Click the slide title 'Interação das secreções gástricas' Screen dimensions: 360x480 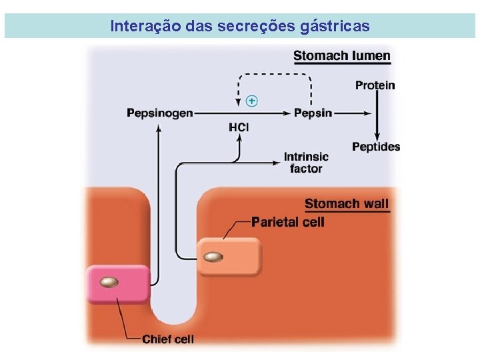(x=239, y=26)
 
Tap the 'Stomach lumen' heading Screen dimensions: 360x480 (x=341, y=55)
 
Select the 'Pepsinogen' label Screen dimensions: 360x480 (x=159, y=113)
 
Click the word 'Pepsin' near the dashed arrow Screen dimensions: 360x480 (x=313, y=113)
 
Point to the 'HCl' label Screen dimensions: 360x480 (x=239, y=127)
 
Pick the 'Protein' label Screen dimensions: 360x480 (x=375, y=85)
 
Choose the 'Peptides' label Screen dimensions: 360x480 (x=376, y=147)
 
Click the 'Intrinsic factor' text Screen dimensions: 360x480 (x=306, y=163)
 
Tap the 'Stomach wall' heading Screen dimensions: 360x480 (x=346, y=203)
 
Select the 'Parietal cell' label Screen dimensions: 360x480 (x=287, y=221)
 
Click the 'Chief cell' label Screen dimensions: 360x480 (x=167, y=339)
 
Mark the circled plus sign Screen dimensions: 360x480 (x=251, y=101)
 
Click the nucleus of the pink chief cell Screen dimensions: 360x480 (x=109, y=283)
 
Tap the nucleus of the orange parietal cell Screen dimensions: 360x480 (x=214, y=257)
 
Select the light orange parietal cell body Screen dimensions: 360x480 (x=240, y=256)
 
